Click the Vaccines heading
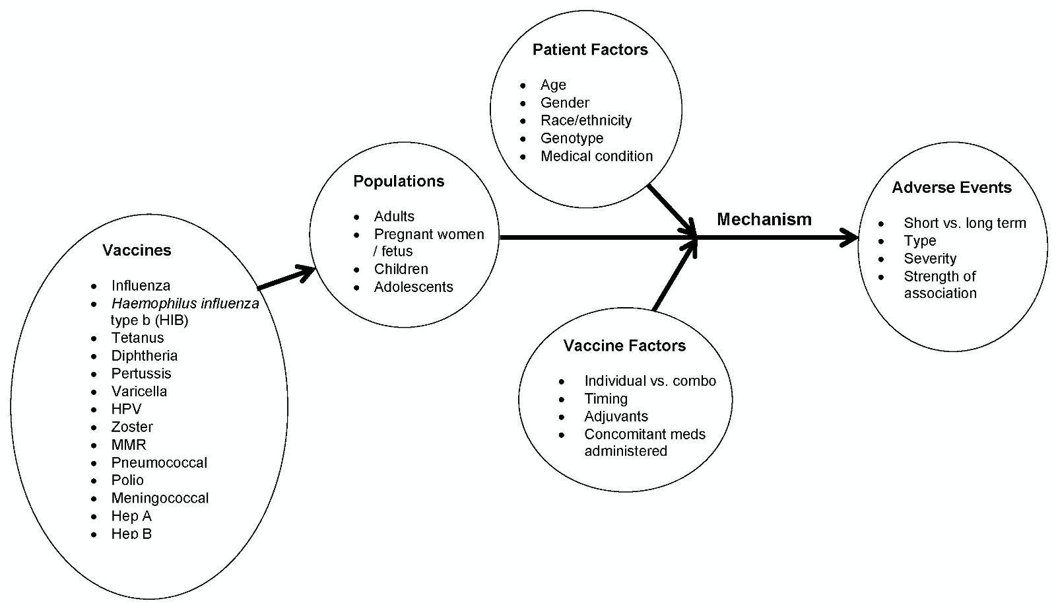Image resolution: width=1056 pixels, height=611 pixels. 137,250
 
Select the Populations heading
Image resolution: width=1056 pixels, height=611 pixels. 399,182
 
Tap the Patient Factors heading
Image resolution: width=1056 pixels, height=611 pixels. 590,50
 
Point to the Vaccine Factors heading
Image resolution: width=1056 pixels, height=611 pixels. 624,346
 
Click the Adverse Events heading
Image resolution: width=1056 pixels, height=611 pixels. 951,188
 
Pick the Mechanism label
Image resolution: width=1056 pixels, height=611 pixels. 764,219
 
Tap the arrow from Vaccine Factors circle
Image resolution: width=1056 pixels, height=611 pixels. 675,275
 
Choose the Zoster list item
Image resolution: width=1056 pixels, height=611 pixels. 132,427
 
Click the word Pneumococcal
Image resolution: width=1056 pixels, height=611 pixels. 159,463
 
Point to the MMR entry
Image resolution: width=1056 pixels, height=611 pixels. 129,445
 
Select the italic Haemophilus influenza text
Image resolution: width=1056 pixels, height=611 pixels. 185,304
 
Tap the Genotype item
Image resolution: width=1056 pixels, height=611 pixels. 572,139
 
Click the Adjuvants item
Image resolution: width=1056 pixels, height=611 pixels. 616,417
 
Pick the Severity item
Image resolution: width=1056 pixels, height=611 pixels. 930,259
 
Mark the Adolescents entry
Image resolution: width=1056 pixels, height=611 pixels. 413,287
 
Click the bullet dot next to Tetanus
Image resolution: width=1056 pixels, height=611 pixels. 95,338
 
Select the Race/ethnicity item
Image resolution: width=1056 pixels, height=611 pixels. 585,121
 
